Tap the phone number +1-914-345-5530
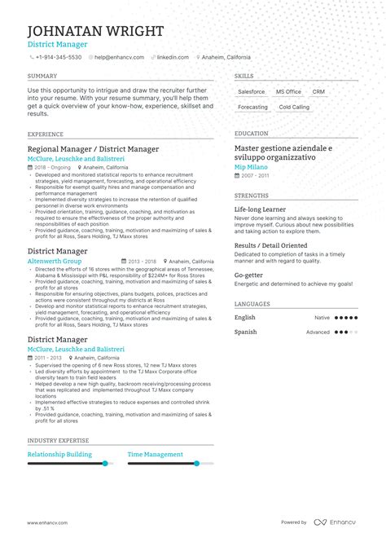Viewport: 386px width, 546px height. pyautogui.click(x=58, y=58)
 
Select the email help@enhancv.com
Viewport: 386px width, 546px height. pyautogui.click(x=119, y=58)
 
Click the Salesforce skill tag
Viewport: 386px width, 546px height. pyautogui.click(x=252, y=92)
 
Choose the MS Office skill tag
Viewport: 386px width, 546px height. pyautogui.click(x=288, y=92)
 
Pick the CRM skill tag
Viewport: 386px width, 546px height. pyautogui.click(x=318, y=92)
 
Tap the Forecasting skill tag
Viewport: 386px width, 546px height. pyautogui.click(x=252, y=108)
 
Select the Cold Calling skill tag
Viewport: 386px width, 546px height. pyautogui.click(x=294, y=108)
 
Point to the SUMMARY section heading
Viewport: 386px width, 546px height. pyautogui.click(x=42, y=76)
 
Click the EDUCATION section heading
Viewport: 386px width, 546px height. pyautogui.click(x=251, y=134)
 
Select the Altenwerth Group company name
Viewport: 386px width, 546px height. pyautogui.click(x=55, y=262)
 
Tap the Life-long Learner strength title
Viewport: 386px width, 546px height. pyautogui.click(x=265, y=209)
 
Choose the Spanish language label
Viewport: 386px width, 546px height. pyautogui.click(x=245, y=332)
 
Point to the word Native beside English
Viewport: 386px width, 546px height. pyautogui.click(x=322, y=318)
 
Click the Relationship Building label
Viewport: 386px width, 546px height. pyautogui.click(x=59, y=455)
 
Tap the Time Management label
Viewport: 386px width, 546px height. pyautogui.click(x=155, y=455)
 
